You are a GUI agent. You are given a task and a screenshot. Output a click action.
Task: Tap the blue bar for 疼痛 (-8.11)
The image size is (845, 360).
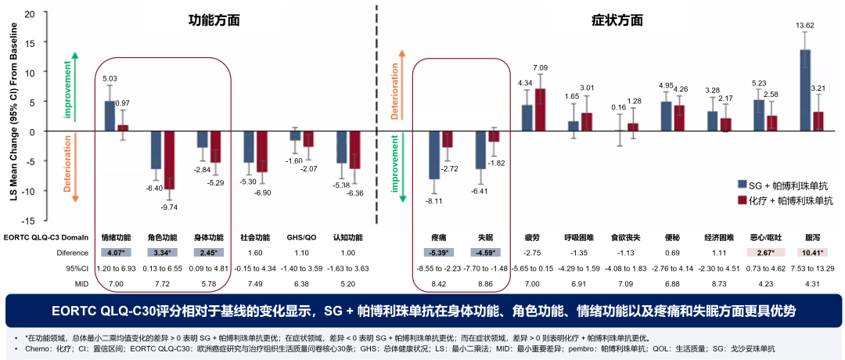click(434, 155)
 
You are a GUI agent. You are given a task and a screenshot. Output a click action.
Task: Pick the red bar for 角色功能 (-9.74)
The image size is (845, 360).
click(167, 160)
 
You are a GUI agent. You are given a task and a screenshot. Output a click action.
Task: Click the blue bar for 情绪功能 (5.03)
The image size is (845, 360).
click(110, 116)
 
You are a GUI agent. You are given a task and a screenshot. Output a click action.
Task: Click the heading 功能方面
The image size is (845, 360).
click(192, 20)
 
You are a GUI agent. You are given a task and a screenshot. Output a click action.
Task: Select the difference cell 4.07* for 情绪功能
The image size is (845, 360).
click(116, 253)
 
